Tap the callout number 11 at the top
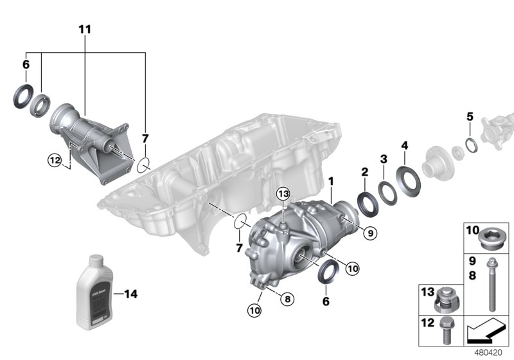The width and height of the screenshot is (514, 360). (85, 30)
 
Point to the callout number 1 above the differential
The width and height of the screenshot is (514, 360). (331, 182)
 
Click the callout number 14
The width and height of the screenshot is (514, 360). (130, 294)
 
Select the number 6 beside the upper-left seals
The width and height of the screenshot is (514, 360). (26, 64)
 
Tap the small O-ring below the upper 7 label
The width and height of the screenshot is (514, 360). (144, 165)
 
